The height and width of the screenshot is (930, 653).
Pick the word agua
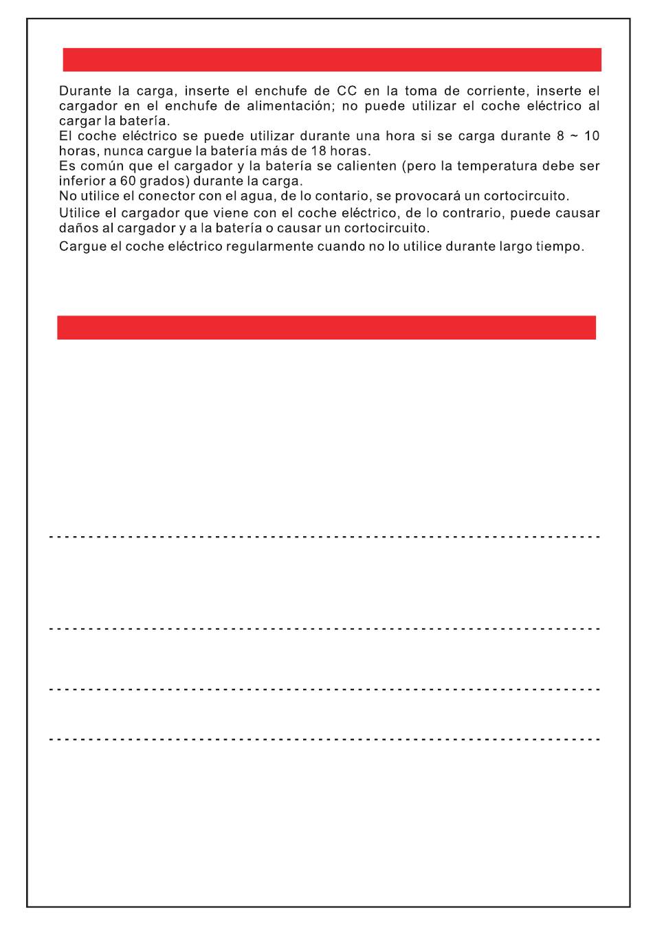pos(247,196)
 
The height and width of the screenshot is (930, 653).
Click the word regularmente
pos(269,246)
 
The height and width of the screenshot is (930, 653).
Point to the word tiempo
pos(559,246)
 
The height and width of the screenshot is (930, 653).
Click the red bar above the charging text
pos(332,60)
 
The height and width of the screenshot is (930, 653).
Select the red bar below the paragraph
pos(326,327)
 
